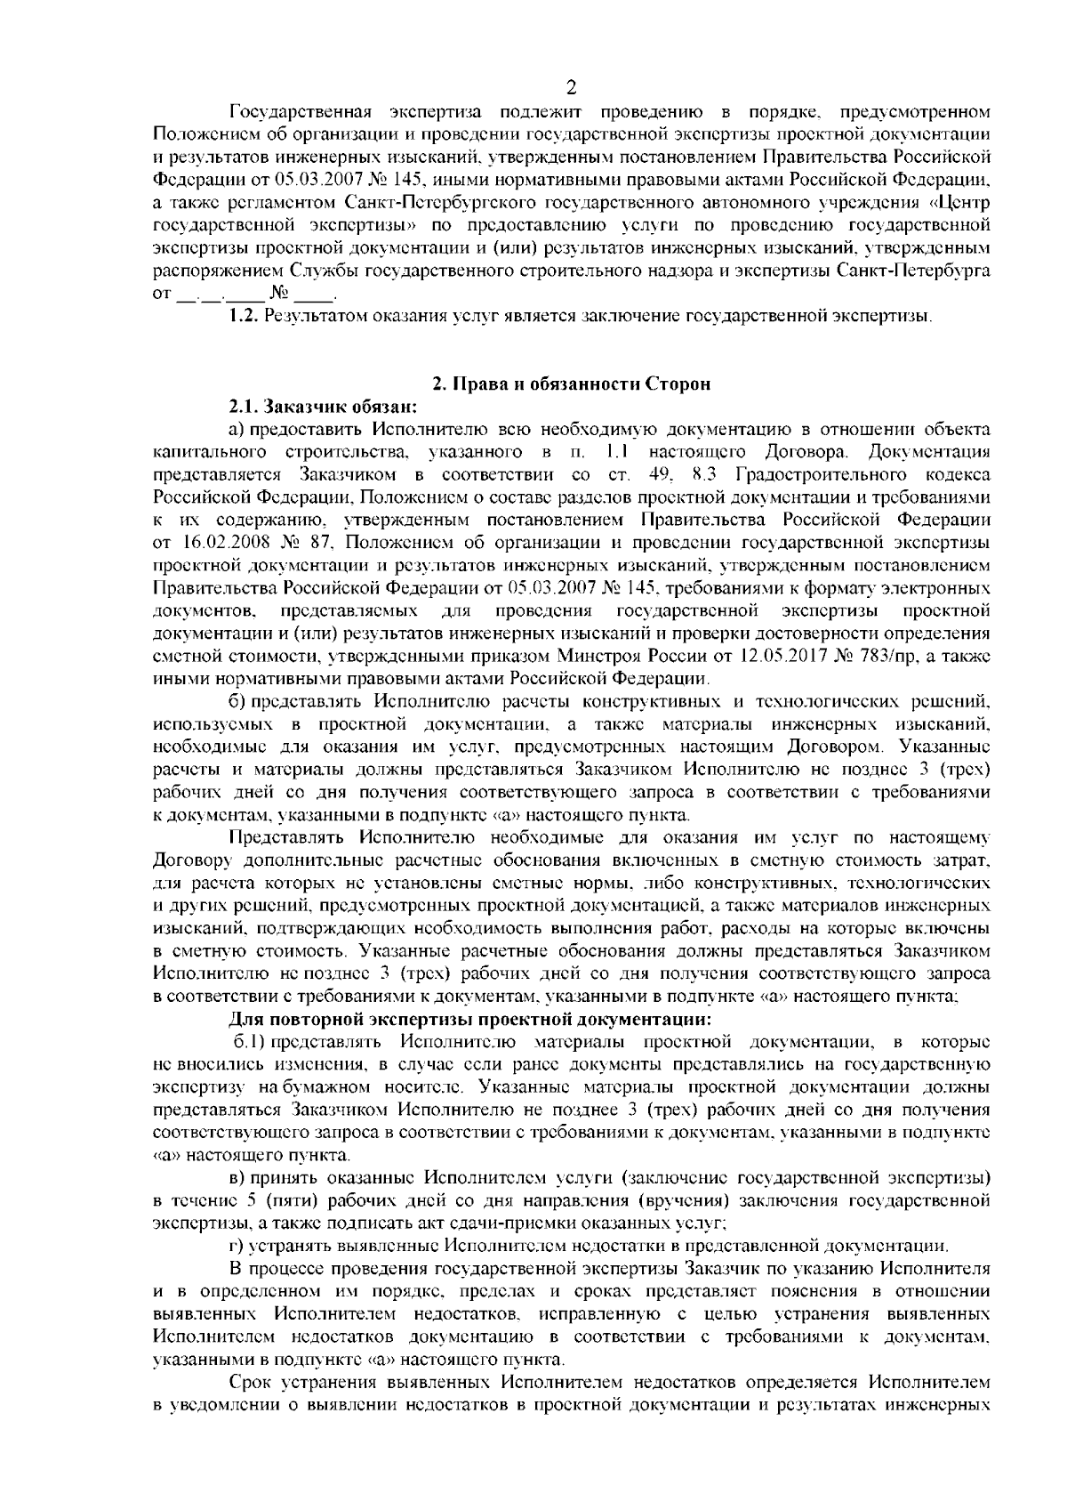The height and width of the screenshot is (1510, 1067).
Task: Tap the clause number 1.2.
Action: pyautogui.click(x=244, y=315)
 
